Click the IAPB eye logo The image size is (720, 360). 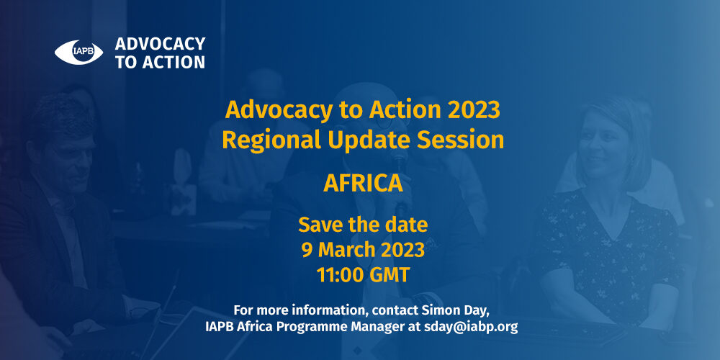coord(78,53)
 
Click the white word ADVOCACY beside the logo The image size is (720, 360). coord(161,44)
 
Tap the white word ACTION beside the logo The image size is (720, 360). coord(173,62)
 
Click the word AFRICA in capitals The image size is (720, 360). coord(363,184)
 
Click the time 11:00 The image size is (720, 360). coord(339,275)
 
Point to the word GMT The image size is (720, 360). coord(390,275)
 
